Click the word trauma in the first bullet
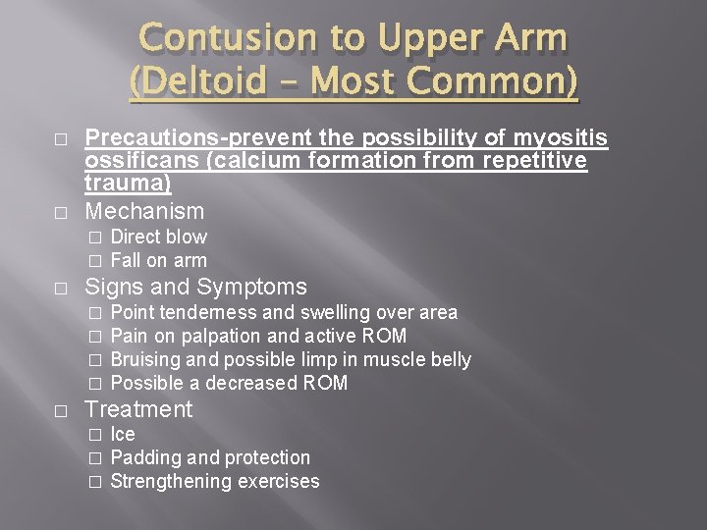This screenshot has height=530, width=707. click(x=125, y=183)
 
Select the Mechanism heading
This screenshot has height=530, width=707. click(x=145, y=211)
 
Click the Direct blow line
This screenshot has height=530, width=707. click(x=159, y=237)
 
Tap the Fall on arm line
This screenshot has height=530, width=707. click(x=159, y=260)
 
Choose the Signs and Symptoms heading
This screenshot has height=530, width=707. click(x=196, y=288)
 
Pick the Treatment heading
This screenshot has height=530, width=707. click(x=139, y=409)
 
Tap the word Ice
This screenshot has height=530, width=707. click(x=123, y=435)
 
